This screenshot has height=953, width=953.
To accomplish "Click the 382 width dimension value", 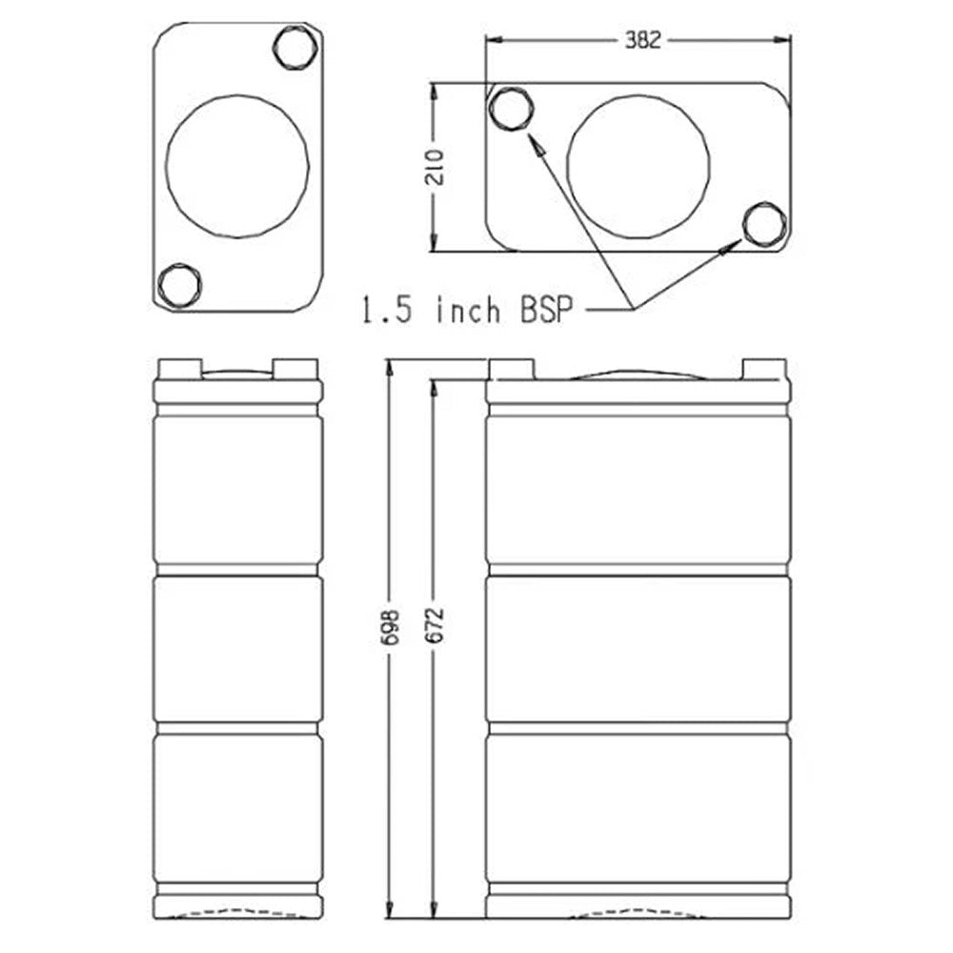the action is pos(642,40).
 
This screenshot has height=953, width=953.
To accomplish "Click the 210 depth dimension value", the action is pos(436,167).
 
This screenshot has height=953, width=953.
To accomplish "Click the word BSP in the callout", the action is pos(546,310).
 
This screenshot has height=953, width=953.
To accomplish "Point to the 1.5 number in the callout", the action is pos(387,310).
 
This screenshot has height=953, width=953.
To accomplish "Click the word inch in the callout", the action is pos(468,309).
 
